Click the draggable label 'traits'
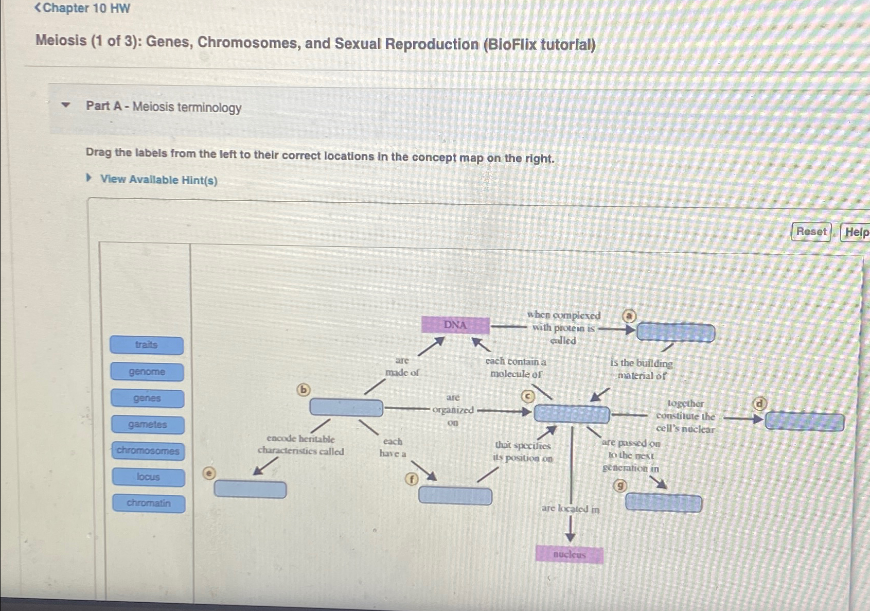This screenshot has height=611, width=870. point(147,345)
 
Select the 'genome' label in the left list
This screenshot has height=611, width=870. point(147,372)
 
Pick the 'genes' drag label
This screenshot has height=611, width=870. point(147,398)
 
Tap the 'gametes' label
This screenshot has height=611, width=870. point(148,425)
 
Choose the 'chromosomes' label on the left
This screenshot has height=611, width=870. point(148,451)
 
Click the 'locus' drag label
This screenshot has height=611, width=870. point(148,477)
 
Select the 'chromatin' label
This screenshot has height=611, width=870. point(149,503)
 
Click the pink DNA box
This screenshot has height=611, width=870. point(455,325)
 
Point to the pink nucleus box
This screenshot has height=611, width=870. point(570,555)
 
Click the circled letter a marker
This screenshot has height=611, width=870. point(629,316)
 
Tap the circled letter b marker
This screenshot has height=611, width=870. point(304,390)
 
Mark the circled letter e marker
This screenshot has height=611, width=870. point(209,474)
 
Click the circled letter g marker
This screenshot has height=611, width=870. point(621,485)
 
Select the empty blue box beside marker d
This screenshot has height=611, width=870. point(805,423)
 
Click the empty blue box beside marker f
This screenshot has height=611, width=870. point(455,496)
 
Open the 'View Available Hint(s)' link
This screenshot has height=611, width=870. point(158,180)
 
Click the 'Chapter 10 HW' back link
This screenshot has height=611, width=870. point(82,8)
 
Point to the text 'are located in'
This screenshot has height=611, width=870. point(570,509)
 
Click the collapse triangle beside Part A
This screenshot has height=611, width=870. point(65,106)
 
